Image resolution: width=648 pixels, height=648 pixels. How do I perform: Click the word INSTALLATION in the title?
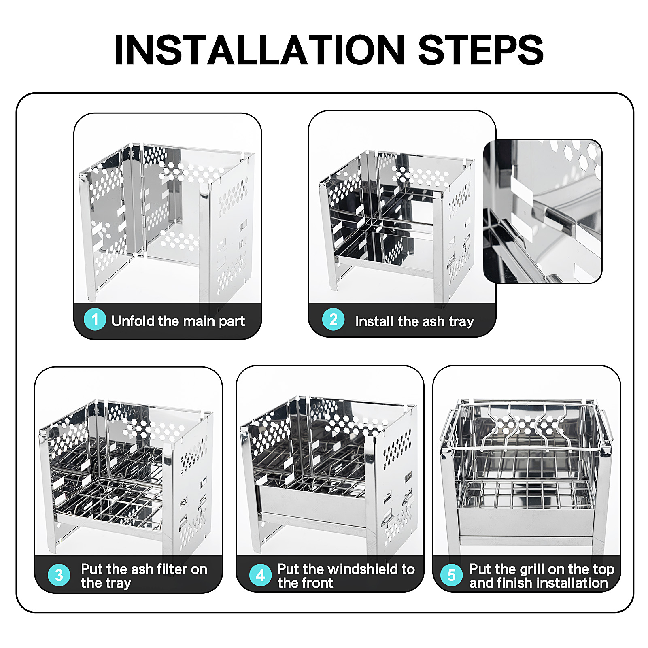pyautogui.click(x=259, y=50)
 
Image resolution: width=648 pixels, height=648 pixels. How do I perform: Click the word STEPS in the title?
pyautogui.click(x=481, y=50)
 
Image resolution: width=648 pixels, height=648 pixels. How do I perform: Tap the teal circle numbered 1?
pyautogui.click(x=95, y=319)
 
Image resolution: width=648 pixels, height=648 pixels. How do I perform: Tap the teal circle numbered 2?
pyautogui.click(x=333, y=319)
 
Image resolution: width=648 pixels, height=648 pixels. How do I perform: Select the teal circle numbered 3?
pyautogui.click(x=59, y=575)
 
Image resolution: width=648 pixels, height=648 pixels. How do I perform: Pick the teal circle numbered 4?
pyautogui.click(x=261, y=575)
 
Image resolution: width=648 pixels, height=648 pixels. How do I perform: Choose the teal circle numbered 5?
pyautogui.click(x=452, y=575)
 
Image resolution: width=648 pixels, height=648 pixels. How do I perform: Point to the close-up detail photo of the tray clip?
pyautogui.click(x=543, y=211)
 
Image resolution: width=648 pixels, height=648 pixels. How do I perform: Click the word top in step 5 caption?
pyautogui.click(x=603, y=570)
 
